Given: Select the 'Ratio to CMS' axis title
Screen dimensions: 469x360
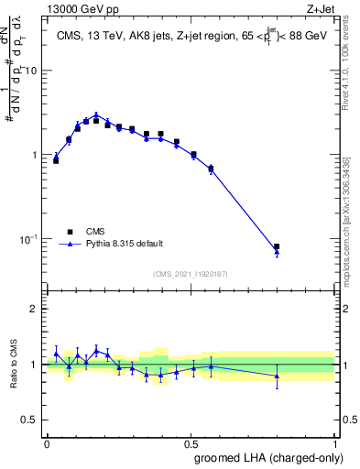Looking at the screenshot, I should (x=13, y=365).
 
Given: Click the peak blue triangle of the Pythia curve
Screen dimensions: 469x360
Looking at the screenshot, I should (x=96, y=115).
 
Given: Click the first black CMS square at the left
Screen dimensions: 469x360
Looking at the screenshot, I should (x=56, y=160).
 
